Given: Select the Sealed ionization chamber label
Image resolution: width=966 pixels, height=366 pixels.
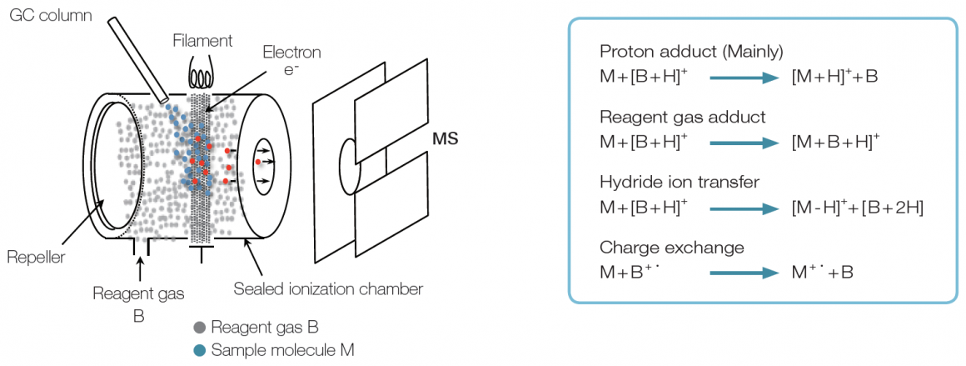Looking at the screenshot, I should [x=327, y=289].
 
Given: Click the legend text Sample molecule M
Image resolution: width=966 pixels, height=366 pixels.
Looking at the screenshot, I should [x=282, y=350].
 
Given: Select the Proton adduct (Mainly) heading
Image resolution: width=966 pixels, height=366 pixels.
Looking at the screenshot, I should [x=691, y=52].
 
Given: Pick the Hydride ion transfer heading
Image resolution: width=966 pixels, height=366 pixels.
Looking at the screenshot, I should [x=680, y=182].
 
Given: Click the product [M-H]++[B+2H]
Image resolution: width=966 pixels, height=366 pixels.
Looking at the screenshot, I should [x=857, y=208].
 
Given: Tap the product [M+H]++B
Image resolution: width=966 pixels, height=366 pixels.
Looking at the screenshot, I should [x=834, y=78].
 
